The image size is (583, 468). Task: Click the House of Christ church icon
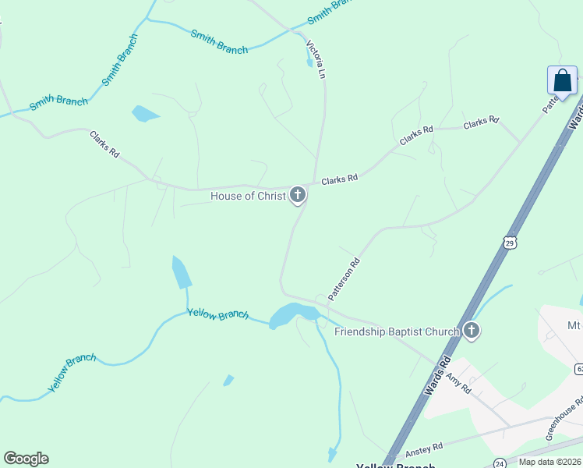point(297,195)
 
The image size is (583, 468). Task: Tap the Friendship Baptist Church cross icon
point(471,331)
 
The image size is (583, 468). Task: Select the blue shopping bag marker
point(562,81)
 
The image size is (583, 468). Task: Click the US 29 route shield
point(510,243)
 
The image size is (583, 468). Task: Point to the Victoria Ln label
point(316,60)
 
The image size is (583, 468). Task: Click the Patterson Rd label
point(344,279)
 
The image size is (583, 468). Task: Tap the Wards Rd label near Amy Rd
point(439,375)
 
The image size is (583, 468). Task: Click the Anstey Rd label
point(424,450)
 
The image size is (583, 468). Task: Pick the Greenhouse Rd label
point(564,419)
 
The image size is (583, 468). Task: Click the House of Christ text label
point(248,196)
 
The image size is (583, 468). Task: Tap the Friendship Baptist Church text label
point(396,331)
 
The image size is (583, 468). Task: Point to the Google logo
point(26,459)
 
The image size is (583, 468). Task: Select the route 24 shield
point(498,463)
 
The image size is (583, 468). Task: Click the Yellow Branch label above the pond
point(217,314)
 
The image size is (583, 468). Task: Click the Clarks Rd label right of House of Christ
point(339,179)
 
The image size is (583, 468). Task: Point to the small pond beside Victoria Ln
point(309,62)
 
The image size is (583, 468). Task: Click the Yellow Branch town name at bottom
point(394,466)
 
